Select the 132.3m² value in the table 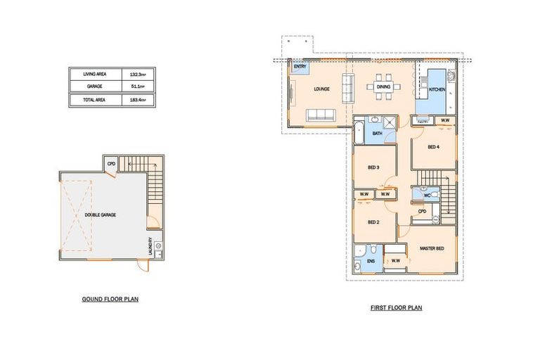[137, 73]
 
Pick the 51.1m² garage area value [137, 86]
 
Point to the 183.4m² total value [137, 101]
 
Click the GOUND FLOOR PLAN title [110, 300]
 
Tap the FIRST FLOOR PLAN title [397, 308]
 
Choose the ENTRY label [300, 67]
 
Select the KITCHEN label [437, 89]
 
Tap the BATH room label [377, 133]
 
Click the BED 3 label [373, 167]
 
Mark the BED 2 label [373, 221]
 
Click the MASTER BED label [432, 248]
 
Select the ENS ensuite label [370, 262]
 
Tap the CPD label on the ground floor [111, 165]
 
